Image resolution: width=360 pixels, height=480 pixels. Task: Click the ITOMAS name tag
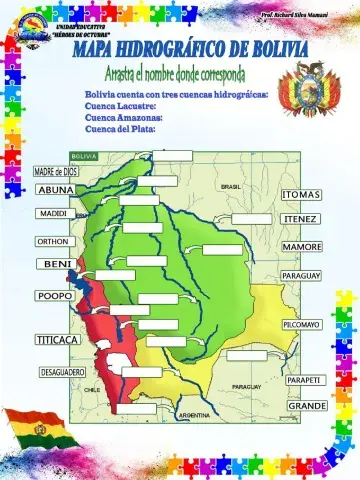301,194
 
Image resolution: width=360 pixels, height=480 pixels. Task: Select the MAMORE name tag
301,246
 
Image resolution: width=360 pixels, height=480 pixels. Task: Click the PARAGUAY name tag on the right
300,275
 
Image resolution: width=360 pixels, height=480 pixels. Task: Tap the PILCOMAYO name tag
301,325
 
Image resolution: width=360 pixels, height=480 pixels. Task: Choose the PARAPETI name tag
303,380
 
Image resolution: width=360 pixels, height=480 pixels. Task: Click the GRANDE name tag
307,407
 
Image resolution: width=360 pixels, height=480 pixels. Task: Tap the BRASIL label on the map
231,187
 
